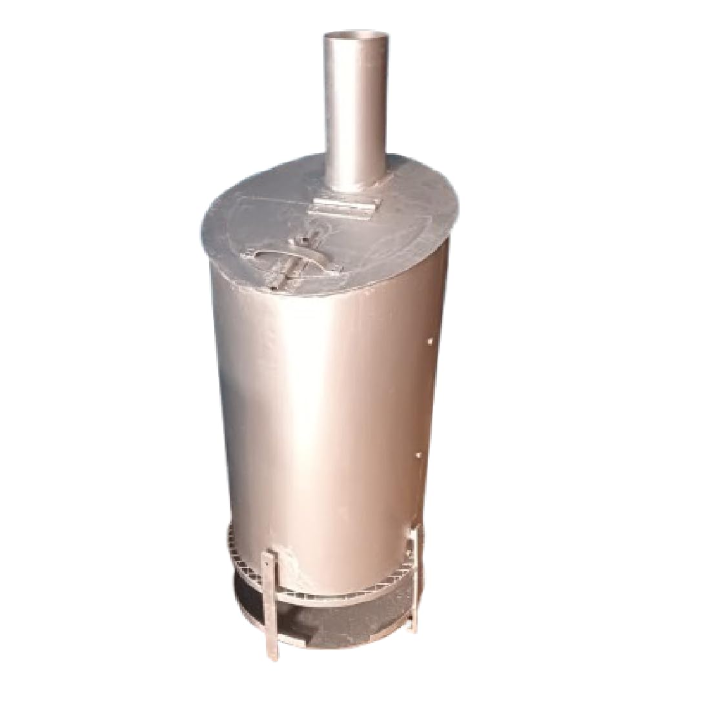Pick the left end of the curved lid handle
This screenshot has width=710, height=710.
pos(244,256)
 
